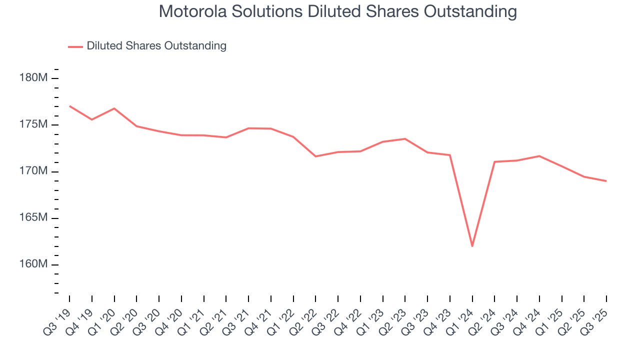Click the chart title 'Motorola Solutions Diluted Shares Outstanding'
click(x=337, y=11)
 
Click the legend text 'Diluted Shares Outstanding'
click(x=156, y=46)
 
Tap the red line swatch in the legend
click(x=75, y=46)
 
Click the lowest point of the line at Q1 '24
click(x=472, y=246)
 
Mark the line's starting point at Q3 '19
click(x=69, y=106)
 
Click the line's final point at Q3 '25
click(x=606, y=181)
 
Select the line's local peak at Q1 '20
click(x=114, y=108)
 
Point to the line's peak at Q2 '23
click(x=405, y=138)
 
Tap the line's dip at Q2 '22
click(x=315, y=156)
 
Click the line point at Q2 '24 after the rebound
click(x=494, y=161)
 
